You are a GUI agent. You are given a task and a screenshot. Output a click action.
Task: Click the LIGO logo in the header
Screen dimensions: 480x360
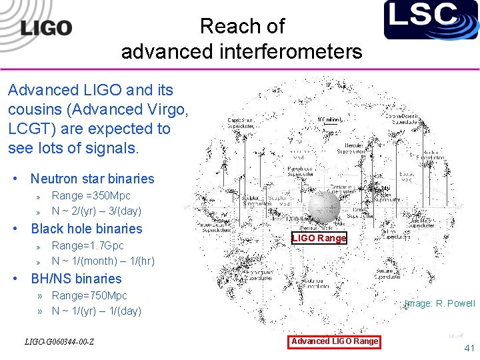click(x=45, y=28)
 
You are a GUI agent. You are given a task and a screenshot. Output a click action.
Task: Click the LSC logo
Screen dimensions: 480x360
click(x=431, y=19)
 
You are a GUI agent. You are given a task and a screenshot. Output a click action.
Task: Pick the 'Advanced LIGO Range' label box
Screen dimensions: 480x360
click(x=335, y=341)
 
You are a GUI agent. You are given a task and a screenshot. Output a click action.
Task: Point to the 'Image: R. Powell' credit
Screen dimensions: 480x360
click(x=440, y=303)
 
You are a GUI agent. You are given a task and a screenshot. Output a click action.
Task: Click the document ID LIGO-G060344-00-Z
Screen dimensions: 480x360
click(x=59, y=343)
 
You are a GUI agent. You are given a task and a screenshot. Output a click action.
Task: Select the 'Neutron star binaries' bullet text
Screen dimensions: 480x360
click(x=92, y=179)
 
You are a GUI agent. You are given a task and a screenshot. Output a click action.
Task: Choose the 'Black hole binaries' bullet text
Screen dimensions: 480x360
click(x=87, y=229)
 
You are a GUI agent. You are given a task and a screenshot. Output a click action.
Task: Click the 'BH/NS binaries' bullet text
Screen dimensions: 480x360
click(x=76, y=279)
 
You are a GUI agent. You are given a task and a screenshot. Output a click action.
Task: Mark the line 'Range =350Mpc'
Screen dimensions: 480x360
click(x=91, y=195)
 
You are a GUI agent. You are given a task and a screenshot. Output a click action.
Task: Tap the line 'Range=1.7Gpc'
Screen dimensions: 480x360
click(x=87, y=245)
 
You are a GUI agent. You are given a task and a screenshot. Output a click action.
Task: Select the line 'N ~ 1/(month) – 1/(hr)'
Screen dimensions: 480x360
click(x=103, y=261)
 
